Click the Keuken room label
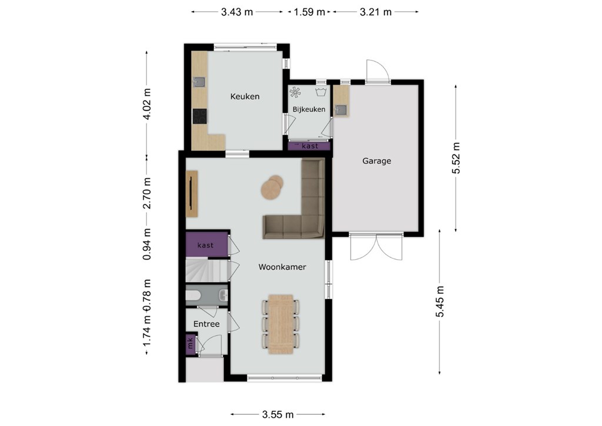[245, 96]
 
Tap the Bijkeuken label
[309, 109]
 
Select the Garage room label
[377, 161]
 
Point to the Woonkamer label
[282, 267]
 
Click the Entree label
[206, 324]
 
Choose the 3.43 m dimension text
[237, 12]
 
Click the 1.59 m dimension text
[309, 12]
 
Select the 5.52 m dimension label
[456, 157]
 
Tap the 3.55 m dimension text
[278, 414]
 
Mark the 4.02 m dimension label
[146, 104]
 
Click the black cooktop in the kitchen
[200, 116]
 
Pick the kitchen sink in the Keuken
[199, 82]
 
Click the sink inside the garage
[340, 110]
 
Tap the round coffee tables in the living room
[272, 187]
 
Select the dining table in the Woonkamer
[281, 324]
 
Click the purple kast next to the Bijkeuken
[309, 146]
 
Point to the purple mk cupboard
[190, 343]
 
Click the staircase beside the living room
[206, 270]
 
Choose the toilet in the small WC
[193, 295]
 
